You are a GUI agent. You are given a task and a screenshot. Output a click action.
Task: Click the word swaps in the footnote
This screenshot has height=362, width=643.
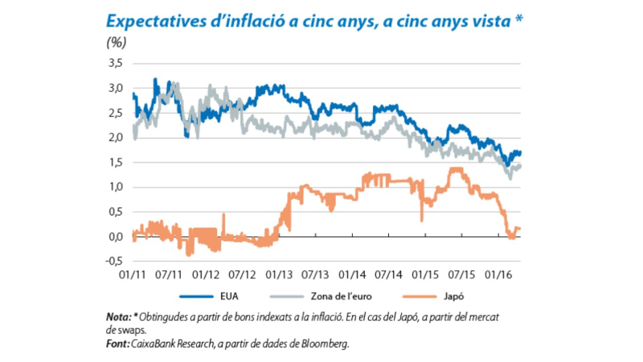click(137, 329)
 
